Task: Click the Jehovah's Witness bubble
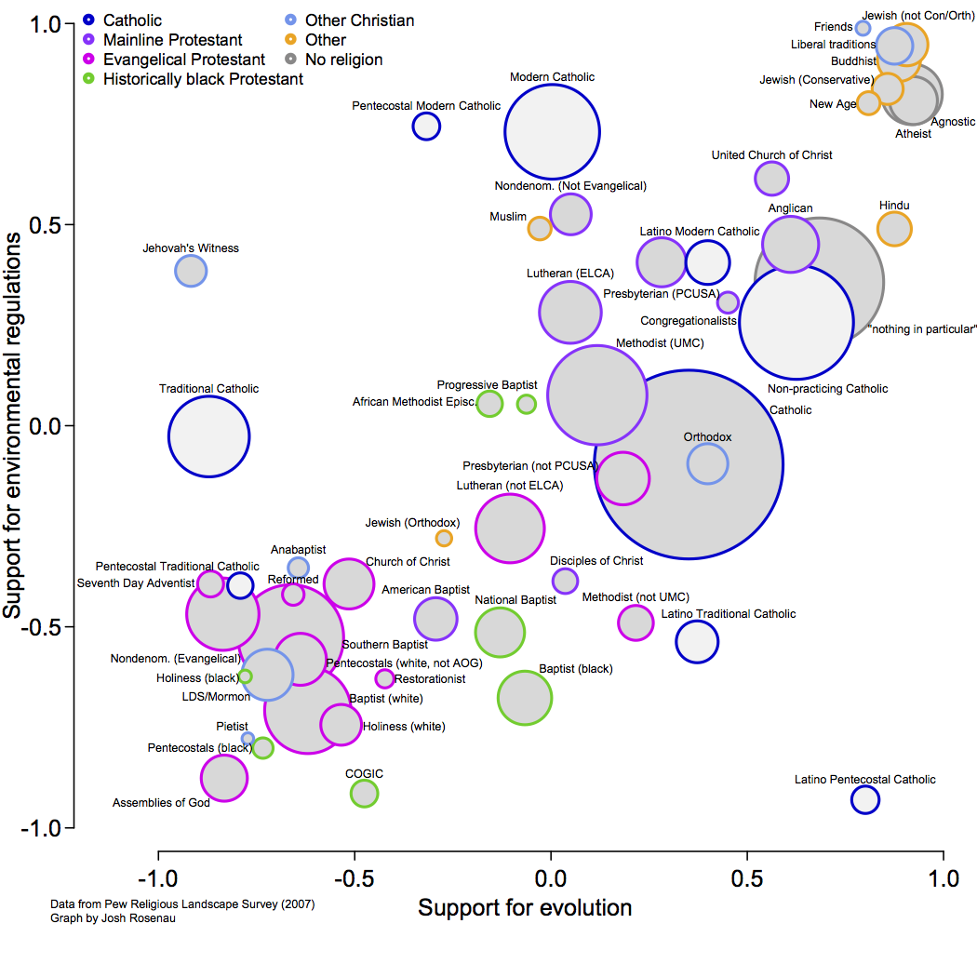(191, 272)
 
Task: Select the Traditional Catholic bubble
(209, 436)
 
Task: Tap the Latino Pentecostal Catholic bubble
(865, 798)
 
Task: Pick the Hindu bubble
(894, 229)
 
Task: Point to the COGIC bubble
(365, 794)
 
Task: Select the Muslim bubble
(540, 228)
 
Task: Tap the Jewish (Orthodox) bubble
(445, 538)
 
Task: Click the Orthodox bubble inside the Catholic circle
(707, 463)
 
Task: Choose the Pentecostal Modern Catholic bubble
(426, 127)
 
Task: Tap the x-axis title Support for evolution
(525, 908)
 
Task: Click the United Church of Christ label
(771, 155)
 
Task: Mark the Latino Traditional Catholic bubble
(697, 640)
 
